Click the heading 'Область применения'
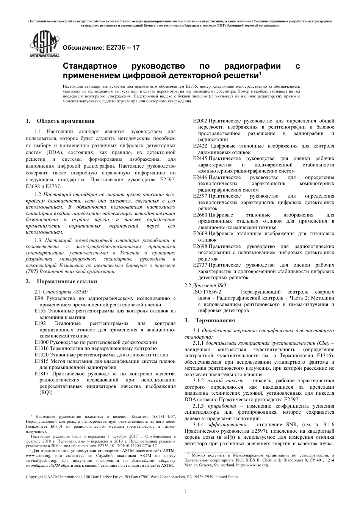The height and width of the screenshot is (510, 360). pos(65,121)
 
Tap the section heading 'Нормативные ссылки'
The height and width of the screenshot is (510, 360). pos(67,281)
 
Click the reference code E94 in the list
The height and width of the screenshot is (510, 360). pos(39,298)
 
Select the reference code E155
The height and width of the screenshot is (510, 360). pos(41,311)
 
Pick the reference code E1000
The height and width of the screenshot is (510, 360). pos(42,342)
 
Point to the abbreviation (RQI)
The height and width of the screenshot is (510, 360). pos(46,392)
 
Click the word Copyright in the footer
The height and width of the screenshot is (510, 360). pos(34,477)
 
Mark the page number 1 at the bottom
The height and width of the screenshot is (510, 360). pos(185,491)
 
